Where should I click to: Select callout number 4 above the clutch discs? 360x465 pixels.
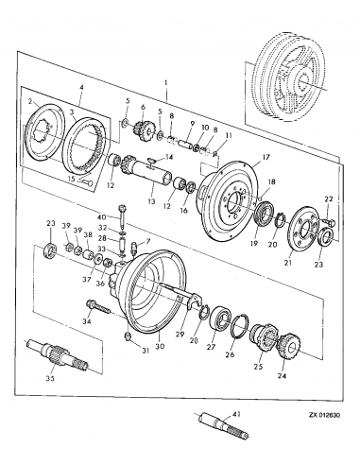click(x=82, y=89)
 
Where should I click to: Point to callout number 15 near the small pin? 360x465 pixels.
click(x=71, y=178)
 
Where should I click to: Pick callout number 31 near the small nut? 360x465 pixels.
click(x=145, y=352)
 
